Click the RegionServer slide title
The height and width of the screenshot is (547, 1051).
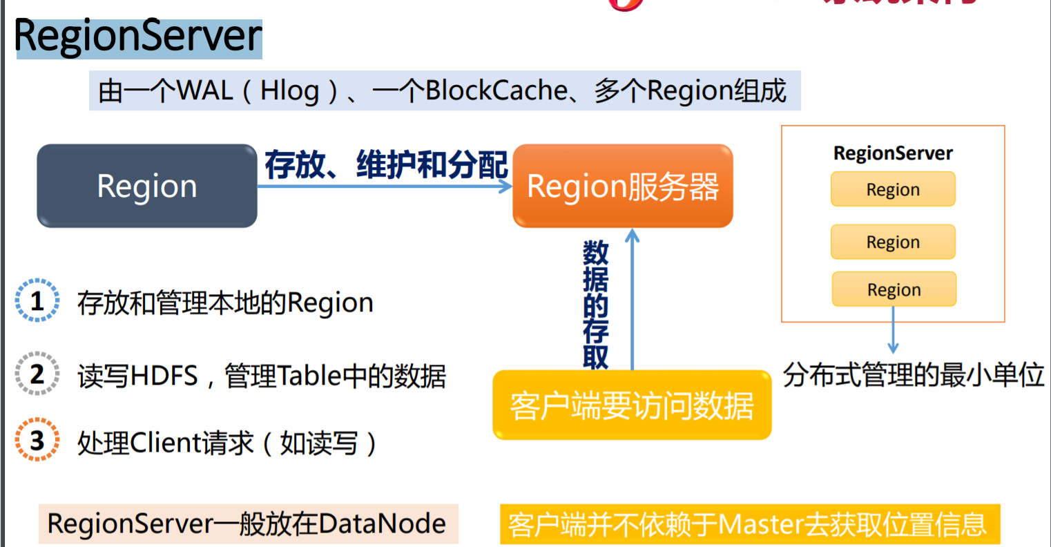[138, 37]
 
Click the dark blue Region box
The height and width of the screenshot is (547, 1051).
[147, 186]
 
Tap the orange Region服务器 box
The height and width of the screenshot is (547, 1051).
[622, 186]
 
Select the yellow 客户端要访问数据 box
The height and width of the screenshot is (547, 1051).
[631, 405]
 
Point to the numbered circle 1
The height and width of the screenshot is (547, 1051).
[37, 301]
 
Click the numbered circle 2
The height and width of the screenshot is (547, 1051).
[37, 374]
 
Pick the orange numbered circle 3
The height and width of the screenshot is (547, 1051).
[37, 440]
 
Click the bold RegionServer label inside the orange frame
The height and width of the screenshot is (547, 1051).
[893, 153]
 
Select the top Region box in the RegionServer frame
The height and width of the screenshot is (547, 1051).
[893, 189]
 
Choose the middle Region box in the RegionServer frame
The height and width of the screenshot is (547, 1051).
[893, 242]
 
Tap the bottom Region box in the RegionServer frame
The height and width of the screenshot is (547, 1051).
[894, 289]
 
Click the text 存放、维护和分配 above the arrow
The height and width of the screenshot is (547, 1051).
[386, 164]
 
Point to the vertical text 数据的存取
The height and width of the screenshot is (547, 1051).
[595, 304]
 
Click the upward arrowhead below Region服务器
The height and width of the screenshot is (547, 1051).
[632, 236]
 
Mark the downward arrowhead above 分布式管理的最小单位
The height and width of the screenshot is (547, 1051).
[893, 347]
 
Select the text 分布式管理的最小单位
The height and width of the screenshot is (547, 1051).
[914, 375]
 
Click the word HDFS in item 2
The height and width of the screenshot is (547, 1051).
[164, 376]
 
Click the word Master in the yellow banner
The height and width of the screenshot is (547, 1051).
[760, 525]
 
